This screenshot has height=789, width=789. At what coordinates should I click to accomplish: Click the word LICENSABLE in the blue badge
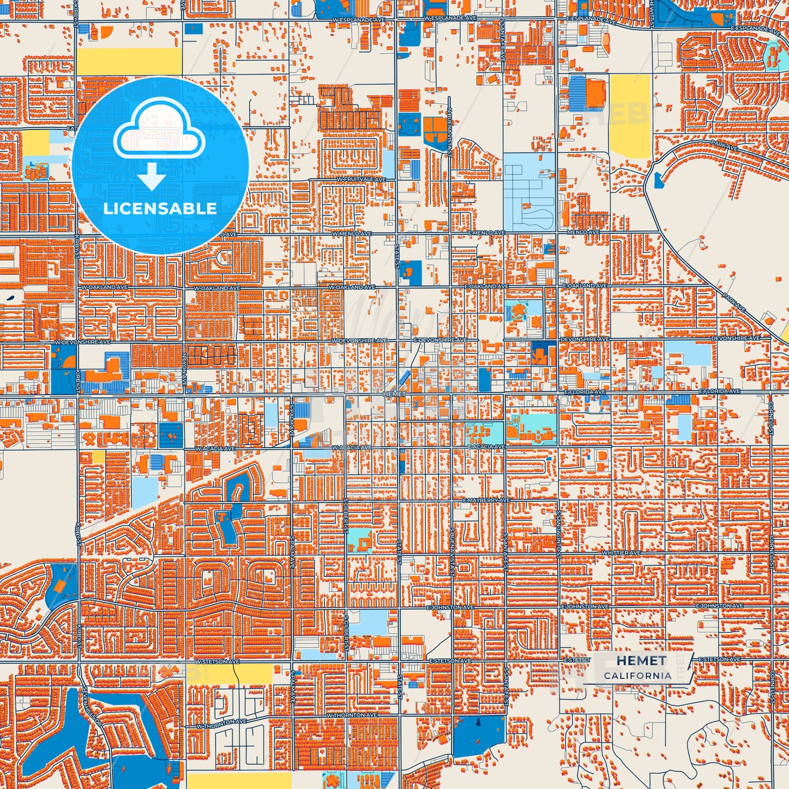pyautogui.click(x=160, y=209)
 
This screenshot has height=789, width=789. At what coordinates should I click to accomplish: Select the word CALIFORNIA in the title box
pyautogui.click(x=637, y=675)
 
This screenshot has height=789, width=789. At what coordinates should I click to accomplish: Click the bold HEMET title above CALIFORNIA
pyautogui.click(x=642, y=661)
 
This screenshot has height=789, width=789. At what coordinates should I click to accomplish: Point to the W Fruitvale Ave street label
pyautogui.click(x=361, y=180)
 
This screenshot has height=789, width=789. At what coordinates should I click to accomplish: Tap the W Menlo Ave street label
pyautogui.click(x=352, y=234)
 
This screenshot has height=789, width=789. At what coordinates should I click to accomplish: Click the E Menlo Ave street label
pyautogui.click(x=485, y=233)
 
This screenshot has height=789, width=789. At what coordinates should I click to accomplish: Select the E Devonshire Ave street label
pyautogui.click(x=440, y=340)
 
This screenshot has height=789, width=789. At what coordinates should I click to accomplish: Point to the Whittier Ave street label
pyautogui.click(x=621, y=553)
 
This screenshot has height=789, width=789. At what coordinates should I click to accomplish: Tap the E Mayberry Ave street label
pyautogui.click(x=486, y=500)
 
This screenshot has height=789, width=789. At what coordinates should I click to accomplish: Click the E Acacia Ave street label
pyautogui.click(x=486, y=447)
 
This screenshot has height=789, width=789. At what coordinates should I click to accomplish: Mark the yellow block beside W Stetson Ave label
pyautogui.click(x=229, y=674)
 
